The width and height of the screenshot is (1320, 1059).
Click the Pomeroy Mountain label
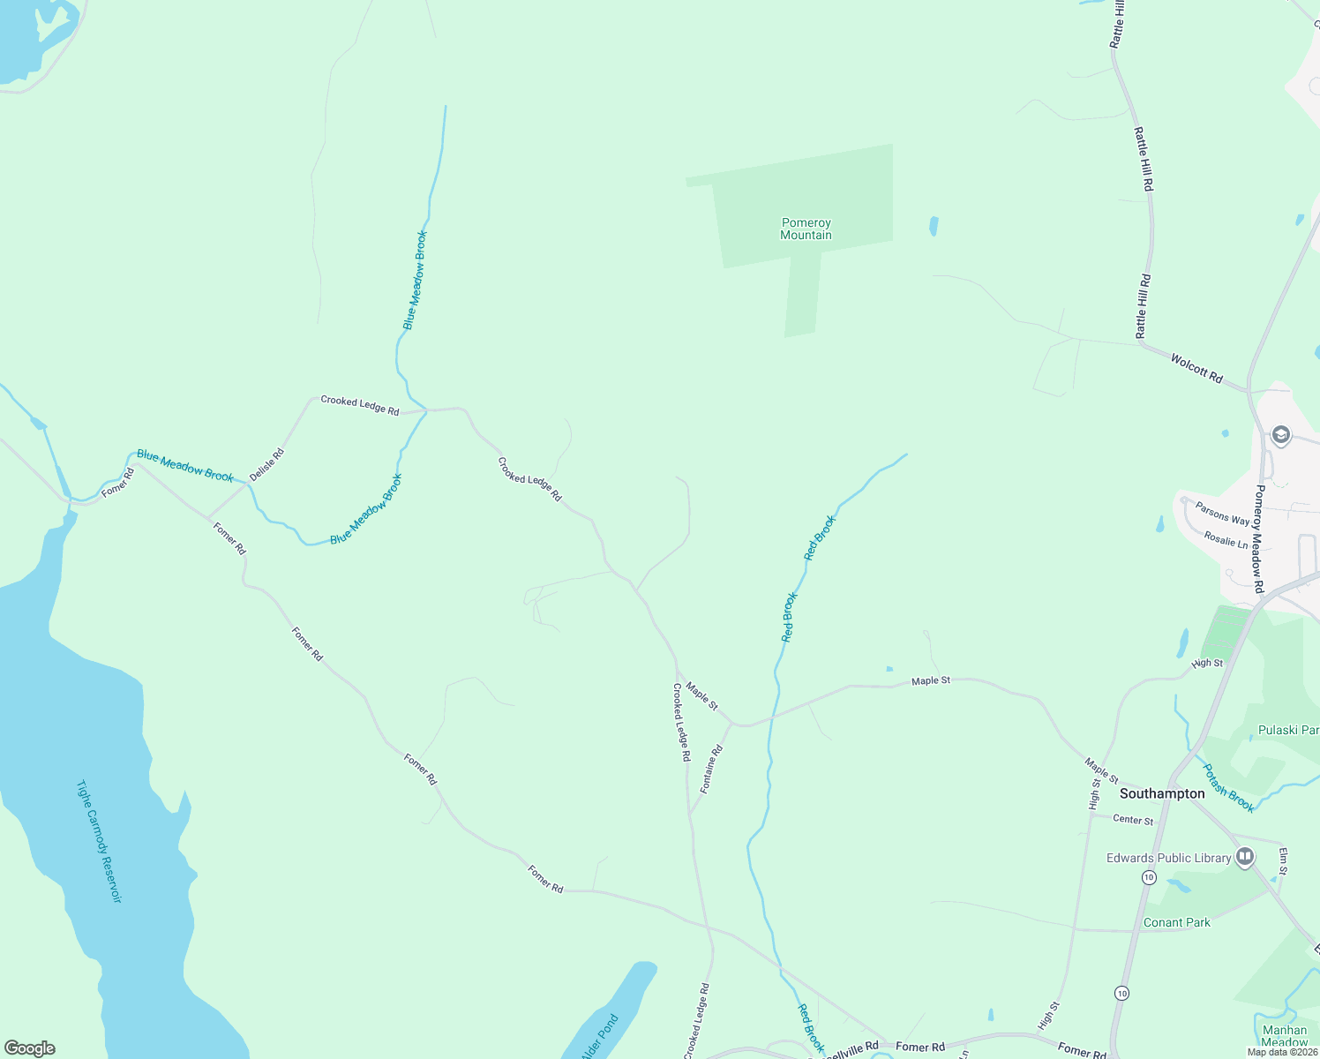[x=806, y=229]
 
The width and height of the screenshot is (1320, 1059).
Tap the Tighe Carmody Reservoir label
[x=98, y=841]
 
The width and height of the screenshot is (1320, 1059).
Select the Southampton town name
[x=1162, y=793]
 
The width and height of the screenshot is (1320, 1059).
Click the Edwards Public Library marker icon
[x=1245, y=857]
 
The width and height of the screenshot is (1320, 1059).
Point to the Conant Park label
[x=1177, y=922]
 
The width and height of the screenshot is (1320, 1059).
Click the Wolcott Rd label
[x=1196, y=368]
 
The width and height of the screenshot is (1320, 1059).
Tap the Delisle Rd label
[x=266, y=465]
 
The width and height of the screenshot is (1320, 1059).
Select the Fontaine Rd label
[x=711, y=768]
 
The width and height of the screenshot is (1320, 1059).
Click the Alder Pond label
[x=600, y=1037]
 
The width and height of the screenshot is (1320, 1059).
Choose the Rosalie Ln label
[x=1226, y=538]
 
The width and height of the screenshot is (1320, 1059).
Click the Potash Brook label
[x=1229, y=787]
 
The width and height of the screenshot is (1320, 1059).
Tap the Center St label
[x=1133, y=820]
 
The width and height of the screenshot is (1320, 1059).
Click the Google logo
[x=29, y=1048]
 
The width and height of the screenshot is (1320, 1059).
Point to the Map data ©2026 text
[x=1282, y=1052]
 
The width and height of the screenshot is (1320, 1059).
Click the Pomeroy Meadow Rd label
[x=1259, y=538]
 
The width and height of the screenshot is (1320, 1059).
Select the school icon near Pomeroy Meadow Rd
[x=1281, y=435]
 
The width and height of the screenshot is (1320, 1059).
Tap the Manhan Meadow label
[x=1285, y=1036]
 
